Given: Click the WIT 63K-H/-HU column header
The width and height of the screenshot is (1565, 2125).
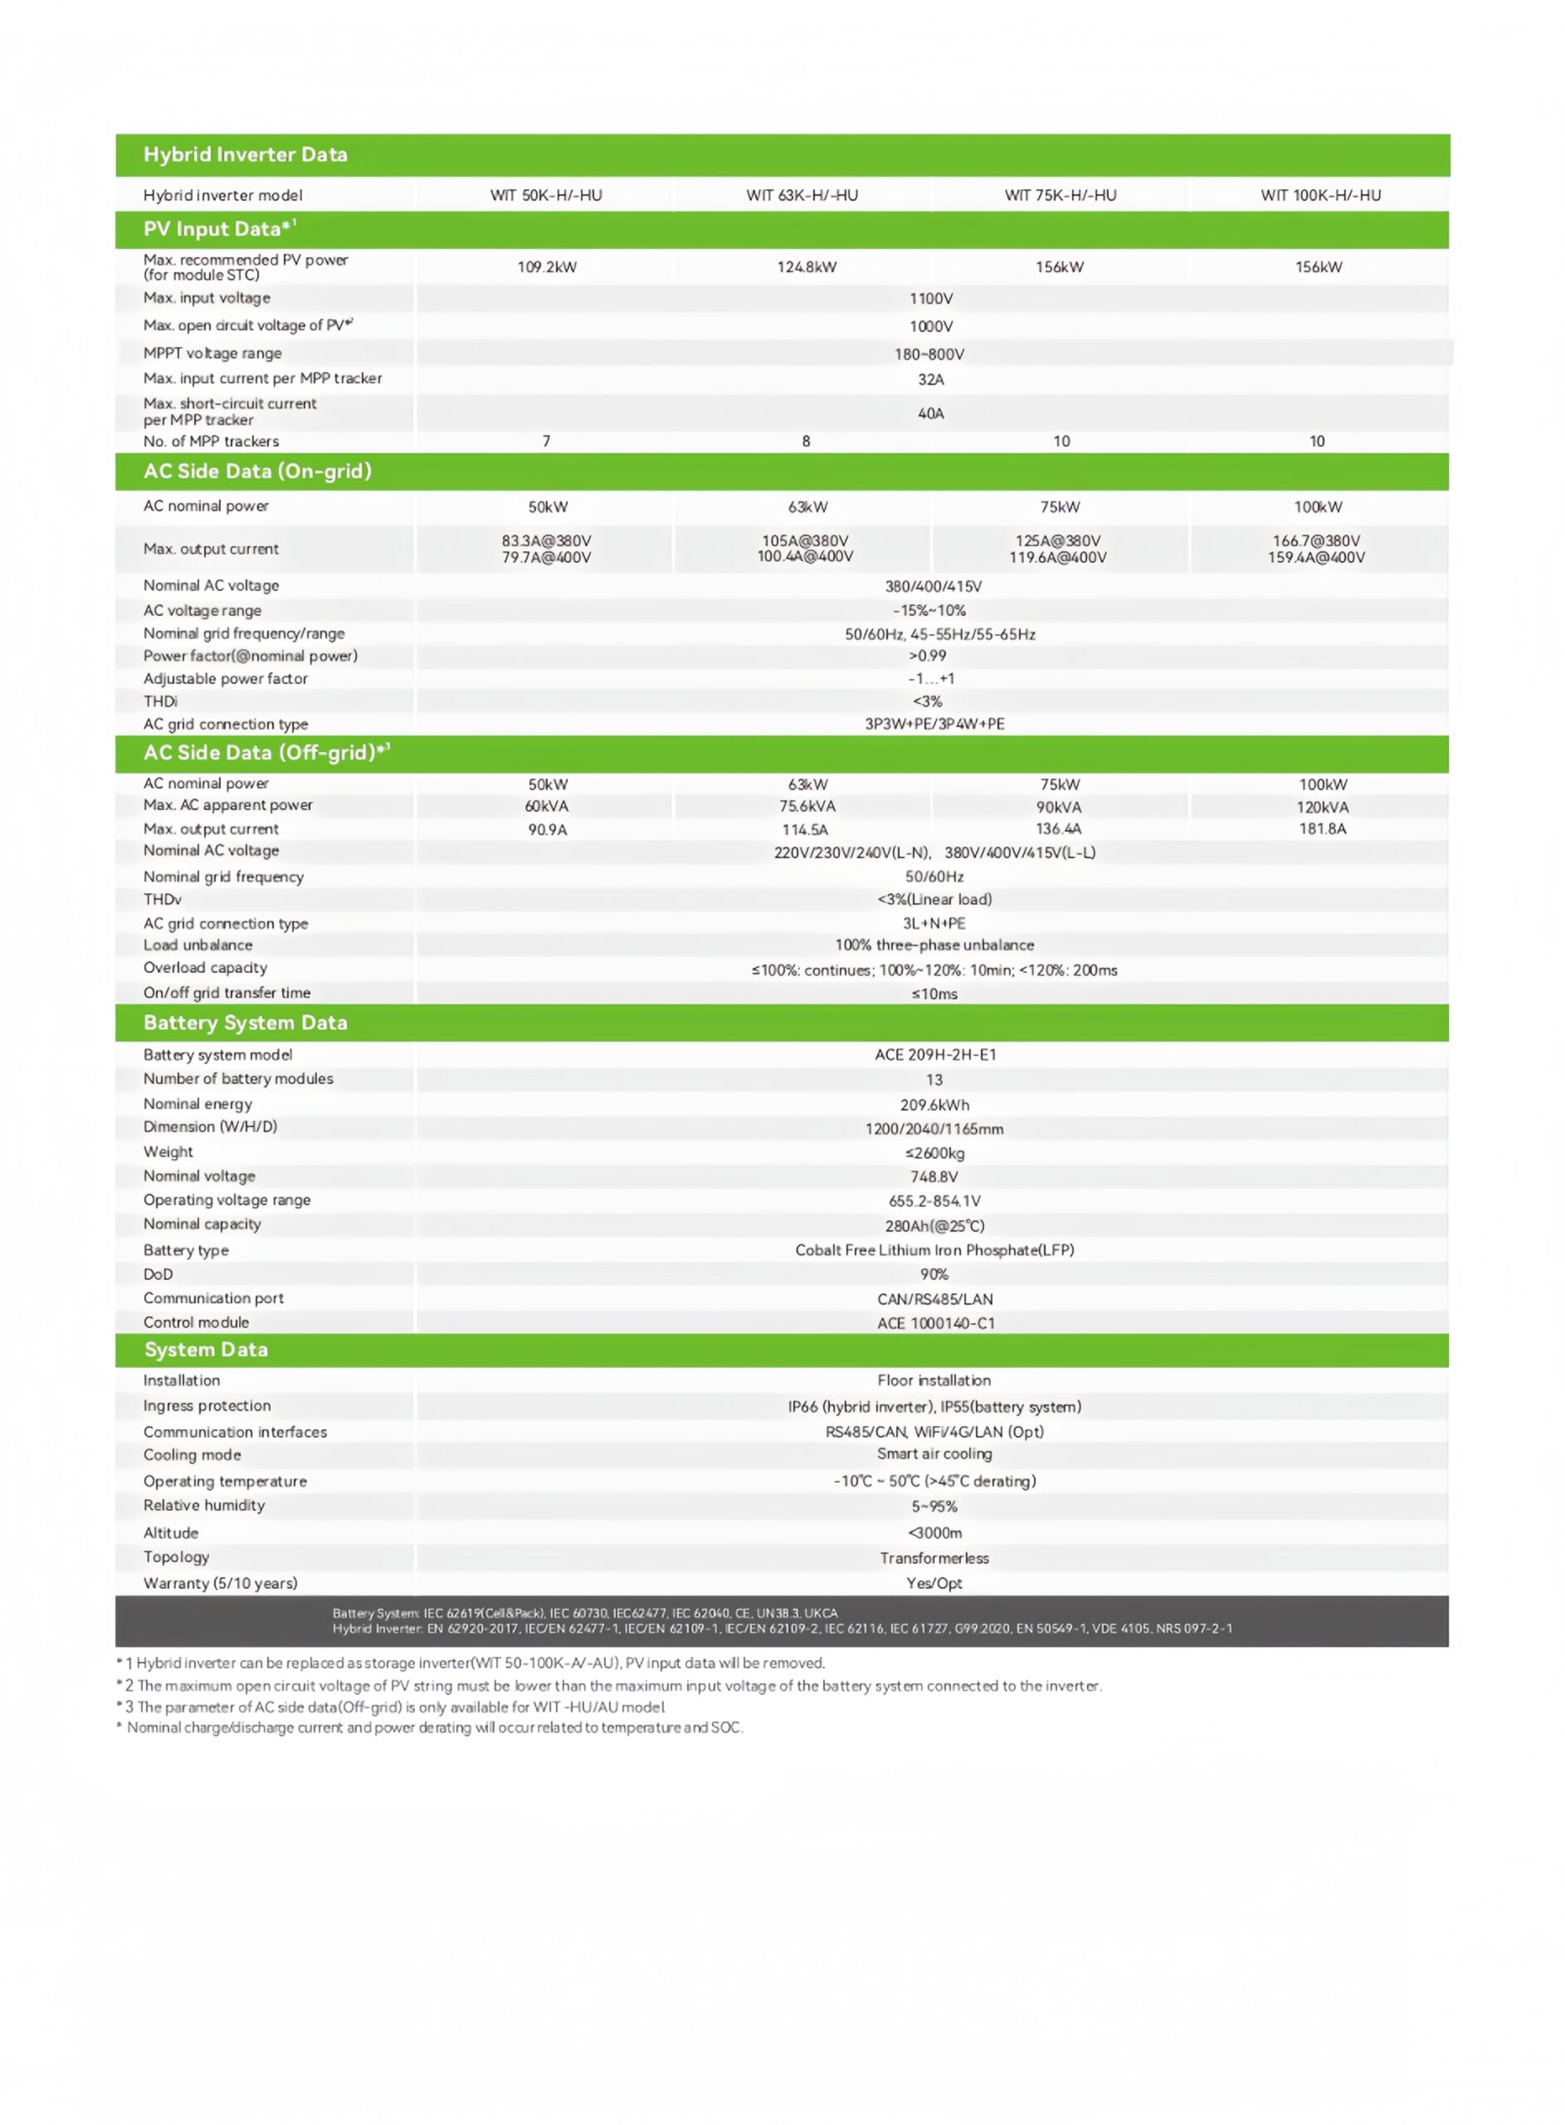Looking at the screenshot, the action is tap(802, 195).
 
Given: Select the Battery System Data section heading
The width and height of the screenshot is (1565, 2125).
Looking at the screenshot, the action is tap(246, 1022).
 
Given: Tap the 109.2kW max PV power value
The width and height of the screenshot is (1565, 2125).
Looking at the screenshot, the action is tap(547, 267).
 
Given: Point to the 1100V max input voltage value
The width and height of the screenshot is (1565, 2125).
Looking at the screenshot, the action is tap(930, 299).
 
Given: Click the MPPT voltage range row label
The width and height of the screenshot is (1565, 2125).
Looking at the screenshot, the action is tap(212, 354).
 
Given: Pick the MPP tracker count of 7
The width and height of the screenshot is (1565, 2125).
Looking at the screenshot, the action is tap(546, 441).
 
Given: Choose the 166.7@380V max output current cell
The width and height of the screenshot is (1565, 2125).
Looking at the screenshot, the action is tap(1316, 549).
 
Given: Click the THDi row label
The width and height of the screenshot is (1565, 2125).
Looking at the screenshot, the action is tap(160, 701).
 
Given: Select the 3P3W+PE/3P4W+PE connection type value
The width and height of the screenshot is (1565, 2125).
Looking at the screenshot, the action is tap(934, 724).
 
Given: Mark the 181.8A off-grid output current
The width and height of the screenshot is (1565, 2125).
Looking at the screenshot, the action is tap(1323, 829).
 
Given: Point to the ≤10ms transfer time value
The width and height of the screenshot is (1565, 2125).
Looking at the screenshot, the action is tap(934, 994).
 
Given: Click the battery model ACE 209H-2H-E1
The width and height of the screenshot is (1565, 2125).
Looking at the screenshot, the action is tap(935, 1054).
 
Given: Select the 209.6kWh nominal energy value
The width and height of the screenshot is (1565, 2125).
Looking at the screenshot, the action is tap(934, 1105).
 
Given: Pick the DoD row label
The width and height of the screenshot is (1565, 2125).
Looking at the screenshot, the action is tap(158, 1274).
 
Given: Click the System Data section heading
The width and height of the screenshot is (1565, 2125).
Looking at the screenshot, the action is tap(206, 1349).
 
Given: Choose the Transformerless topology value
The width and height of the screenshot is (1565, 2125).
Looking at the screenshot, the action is tap(934, 1557).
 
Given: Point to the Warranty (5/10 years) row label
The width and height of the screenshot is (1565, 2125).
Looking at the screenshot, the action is tap(221, 1583).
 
